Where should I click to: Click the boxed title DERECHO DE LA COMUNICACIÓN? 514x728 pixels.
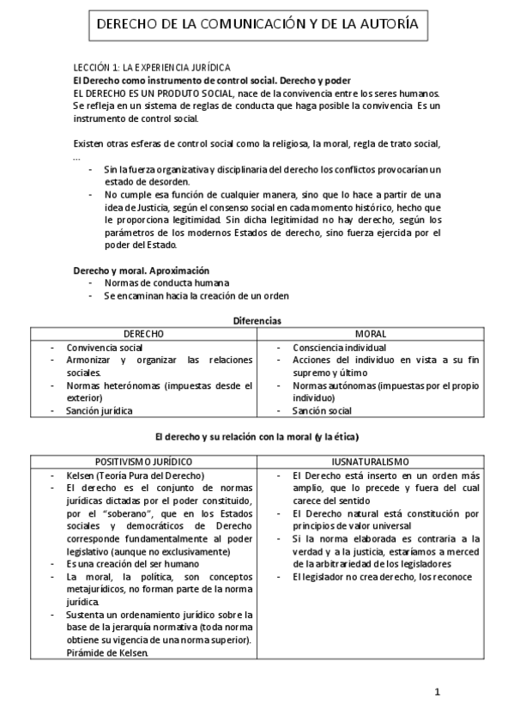click(257, 25)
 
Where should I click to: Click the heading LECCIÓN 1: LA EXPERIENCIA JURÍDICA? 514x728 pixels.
click(151, 67)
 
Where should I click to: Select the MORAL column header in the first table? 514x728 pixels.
click(370, 333)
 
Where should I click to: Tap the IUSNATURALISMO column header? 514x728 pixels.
click(370, 461)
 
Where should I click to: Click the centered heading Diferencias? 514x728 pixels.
click(257, 320)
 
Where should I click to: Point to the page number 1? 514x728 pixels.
click(437, 692)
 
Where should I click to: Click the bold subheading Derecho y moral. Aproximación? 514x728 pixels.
click(141, 270)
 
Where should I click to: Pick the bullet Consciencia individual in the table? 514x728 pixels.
click(339, 348)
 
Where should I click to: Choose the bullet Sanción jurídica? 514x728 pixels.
click(100, 410)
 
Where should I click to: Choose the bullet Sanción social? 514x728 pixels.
click(322, 410)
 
